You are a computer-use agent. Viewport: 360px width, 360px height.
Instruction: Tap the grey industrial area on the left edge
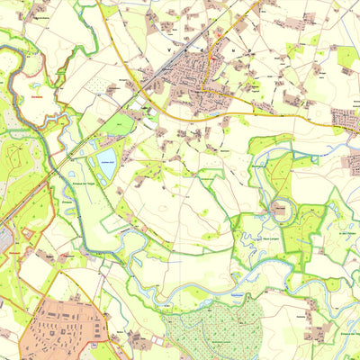click(x=4, y=238)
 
